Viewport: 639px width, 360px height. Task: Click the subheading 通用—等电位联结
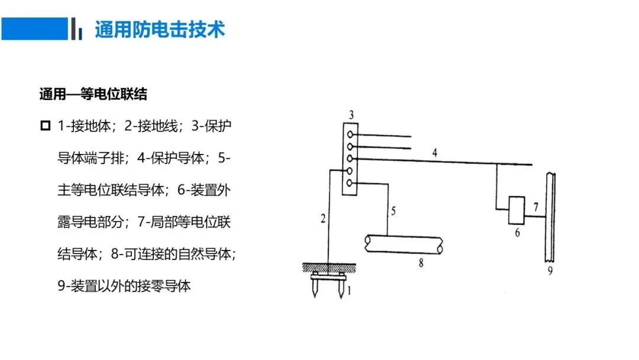[93, 95]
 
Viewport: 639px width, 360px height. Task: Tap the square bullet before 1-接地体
[46, 126]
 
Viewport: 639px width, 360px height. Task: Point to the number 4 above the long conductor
[435, 153]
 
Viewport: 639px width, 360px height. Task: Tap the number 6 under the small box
[517, 233]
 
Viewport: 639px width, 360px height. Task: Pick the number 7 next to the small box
[535, 207]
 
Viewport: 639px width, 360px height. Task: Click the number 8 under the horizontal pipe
[421, 263]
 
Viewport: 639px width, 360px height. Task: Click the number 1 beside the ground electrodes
[349, 291]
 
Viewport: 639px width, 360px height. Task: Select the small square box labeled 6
[517, 211]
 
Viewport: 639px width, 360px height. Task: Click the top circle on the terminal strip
[351, 135]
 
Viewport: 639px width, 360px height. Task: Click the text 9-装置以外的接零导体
[124, 287]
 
